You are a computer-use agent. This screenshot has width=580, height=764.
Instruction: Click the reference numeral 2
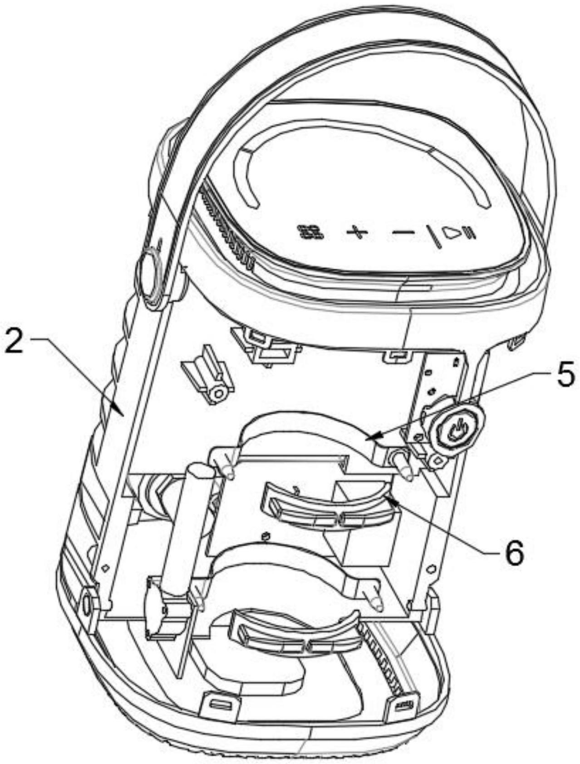pos(14,343)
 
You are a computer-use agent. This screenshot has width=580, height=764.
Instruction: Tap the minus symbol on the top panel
pos(403,233)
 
